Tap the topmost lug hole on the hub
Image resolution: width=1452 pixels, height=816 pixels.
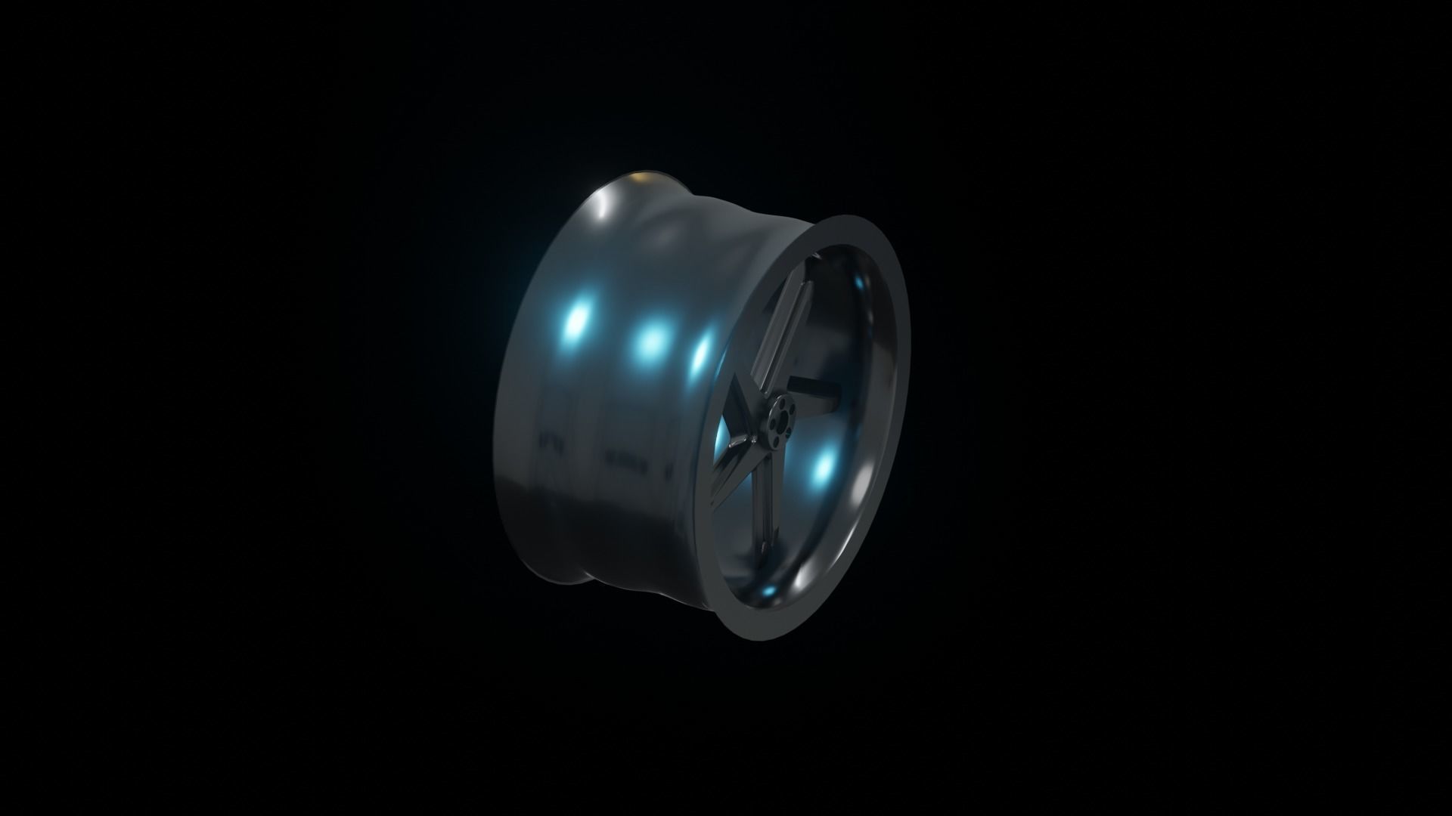[782, 403]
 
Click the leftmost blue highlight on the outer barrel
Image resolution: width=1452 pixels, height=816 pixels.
[577, 322]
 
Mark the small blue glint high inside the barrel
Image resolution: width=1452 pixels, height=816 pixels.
[859, 283]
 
